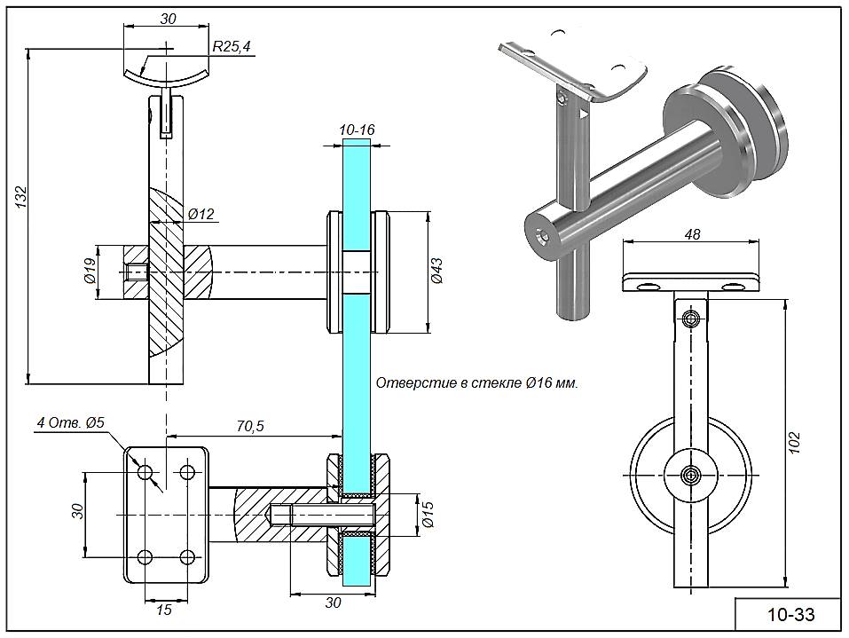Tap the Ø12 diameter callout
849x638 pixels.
point(202,213)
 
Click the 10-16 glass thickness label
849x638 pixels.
point(357,130)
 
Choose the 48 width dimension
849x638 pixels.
point(692,234)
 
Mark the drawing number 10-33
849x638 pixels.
point(789,614)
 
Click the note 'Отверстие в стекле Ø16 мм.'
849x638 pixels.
point(477,383)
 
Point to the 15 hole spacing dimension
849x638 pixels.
point(165,610)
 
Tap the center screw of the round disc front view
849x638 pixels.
point(691,476)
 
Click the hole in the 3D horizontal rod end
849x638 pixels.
point(540,236)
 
